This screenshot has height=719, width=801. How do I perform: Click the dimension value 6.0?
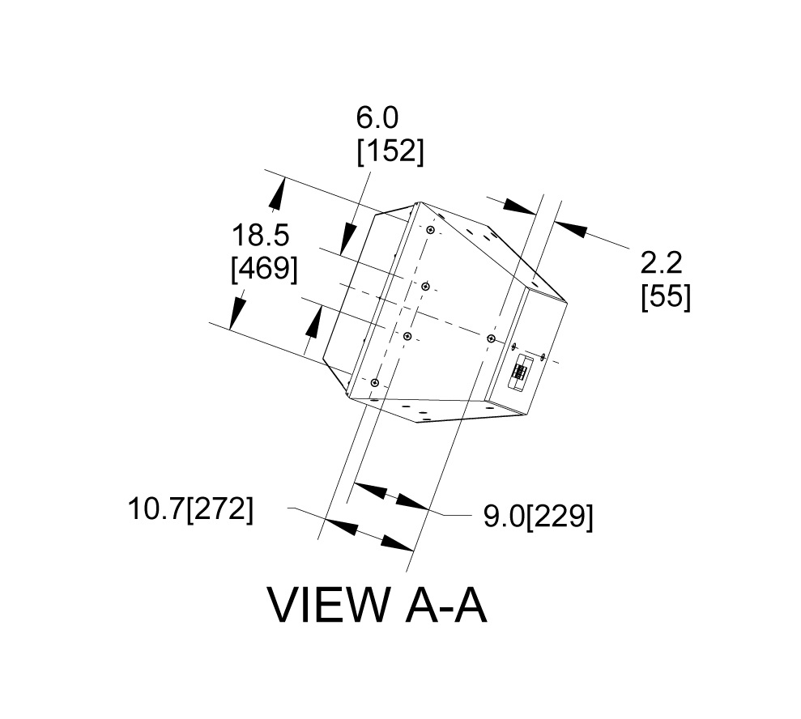click(x=377, y=118)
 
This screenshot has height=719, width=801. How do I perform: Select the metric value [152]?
click(x=390, y=151)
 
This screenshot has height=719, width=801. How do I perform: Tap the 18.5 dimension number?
click(x=261, y=236)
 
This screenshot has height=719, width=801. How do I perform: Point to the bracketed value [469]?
click(x=264, y=268)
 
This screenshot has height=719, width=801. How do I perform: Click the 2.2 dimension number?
click(x=662, y=262)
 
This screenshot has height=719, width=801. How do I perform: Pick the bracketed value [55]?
click(x=666, y=296)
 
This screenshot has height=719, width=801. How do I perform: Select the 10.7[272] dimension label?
click(x=190, y=510)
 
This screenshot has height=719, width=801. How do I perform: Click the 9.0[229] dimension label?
click(x=538, y=517)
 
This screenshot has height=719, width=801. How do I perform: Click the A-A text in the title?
click(x=445, y=606)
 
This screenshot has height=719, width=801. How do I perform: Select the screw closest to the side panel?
click(x=491, y=337)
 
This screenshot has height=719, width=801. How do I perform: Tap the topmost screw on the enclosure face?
click(x=430, y=231)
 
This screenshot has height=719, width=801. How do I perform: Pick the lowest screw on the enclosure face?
click(x=375, y=382)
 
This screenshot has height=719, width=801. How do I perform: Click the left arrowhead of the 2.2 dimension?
click(x=519, y=206)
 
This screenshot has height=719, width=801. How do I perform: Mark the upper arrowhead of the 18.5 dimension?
click(x=276, y=195)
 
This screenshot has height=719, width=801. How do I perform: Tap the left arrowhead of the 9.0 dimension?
click(x=369, y=490)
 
